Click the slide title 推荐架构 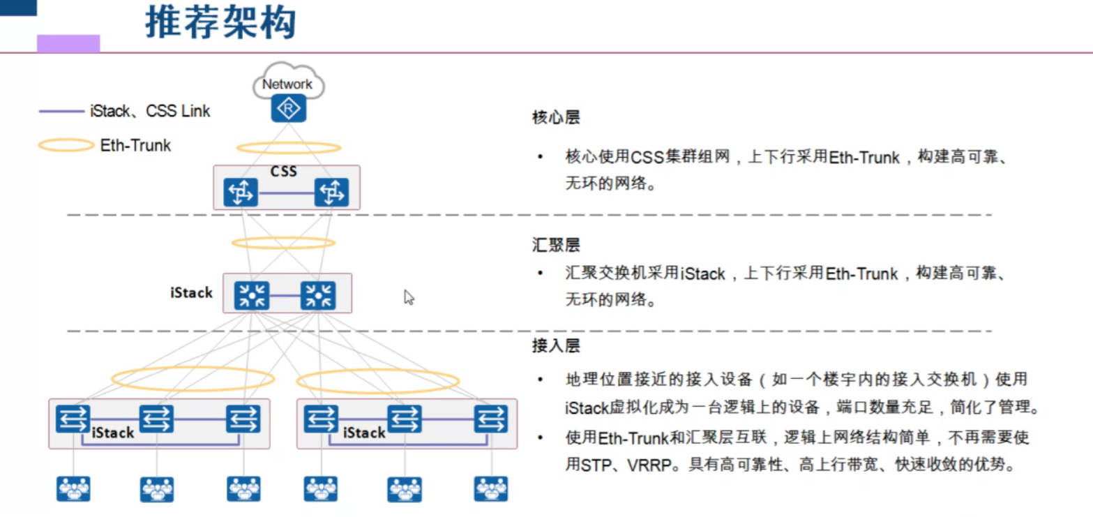pos(221,23)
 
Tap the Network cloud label pos(287,84)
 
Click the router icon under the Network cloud pos(288,109)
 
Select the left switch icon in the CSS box pos(241,193)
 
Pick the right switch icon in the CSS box pos(331,193)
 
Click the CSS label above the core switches pos(284,171)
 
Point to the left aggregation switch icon pos(251,295)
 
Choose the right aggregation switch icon pos(318,295)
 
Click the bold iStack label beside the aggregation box pos(191,293)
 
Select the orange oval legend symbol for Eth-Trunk pos(66,145)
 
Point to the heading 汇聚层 pos(555,246)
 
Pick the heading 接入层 pos(555,345)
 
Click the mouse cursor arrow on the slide pos(409,297)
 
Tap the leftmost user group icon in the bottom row pos(73,488)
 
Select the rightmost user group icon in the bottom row pos(491,488)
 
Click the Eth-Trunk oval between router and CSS pos(288,148)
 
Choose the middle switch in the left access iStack pos(157,419)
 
